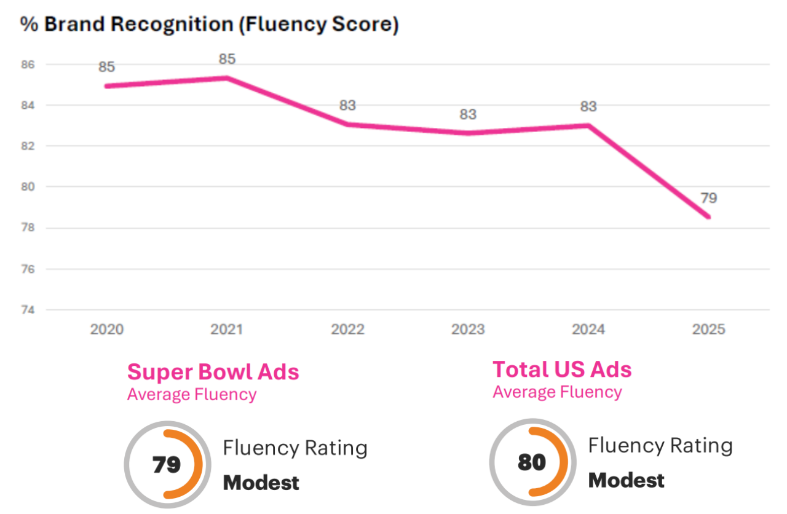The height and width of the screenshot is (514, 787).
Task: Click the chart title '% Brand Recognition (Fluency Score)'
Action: (210, 25)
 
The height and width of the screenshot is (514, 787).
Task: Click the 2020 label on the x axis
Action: (107, 330)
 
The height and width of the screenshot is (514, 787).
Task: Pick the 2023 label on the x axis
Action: (469, 330)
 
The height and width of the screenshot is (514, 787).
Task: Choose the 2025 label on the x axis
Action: (708, 330)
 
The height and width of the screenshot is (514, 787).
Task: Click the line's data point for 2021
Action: (227, 77)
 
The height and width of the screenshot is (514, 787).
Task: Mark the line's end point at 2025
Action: (709, 216)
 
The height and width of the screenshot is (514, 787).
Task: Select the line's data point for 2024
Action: (588, 125)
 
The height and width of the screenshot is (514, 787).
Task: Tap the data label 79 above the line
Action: (709, 199)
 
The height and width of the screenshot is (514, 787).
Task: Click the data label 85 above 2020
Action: (107, 67)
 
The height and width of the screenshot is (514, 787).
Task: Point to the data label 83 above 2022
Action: (347, 105)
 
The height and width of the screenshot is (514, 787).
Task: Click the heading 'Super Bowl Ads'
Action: (213, 372)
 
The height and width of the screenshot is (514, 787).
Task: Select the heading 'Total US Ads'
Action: (562, 370)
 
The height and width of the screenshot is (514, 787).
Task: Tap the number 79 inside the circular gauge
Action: (166, 465)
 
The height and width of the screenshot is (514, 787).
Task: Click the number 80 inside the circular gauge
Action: (531, 462)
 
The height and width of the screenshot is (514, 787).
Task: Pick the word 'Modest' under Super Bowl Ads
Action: (261, 483)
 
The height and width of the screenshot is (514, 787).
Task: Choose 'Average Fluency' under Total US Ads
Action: (557, 392)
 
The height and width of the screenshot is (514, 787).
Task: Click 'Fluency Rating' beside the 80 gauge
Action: (660, 445)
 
